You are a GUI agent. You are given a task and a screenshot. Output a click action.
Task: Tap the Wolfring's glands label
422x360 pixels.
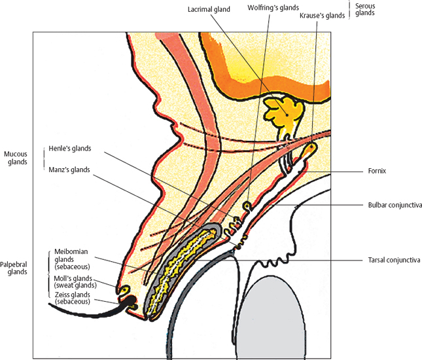[273, 7]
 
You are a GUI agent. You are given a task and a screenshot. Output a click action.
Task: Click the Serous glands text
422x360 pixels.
[365, 10]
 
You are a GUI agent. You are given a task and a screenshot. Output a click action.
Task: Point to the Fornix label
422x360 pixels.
[378, 171]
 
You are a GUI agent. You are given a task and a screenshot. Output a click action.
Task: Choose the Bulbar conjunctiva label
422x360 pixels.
[395, 205]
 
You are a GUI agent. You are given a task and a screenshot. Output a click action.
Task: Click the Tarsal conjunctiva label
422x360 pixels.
[393, 260]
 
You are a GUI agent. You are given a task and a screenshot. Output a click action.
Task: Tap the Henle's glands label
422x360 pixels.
[69, 149]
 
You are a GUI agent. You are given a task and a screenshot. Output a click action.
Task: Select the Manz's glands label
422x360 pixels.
[69, 170]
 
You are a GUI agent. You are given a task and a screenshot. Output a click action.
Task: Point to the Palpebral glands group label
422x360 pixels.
[14, 268]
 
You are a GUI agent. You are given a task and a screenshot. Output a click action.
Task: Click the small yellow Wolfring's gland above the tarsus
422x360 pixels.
[247, 206]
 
